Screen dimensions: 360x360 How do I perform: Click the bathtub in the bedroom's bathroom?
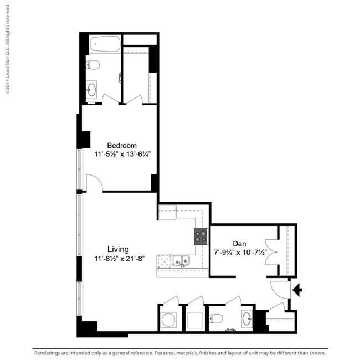(x=104, y=44)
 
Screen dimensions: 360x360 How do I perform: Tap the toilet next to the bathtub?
(x=93, y=65)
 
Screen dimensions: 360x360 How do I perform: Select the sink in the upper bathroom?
(x=92, y=89)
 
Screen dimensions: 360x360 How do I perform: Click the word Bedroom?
(x=122, y=146)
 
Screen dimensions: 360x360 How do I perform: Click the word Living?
(x=119, y=249)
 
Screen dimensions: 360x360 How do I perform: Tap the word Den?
(x=239, y=243)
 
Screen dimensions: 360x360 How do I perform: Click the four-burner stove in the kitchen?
(x=200, y=237)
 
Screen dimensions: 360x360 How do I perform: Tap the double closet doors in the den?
(x=272, y=251)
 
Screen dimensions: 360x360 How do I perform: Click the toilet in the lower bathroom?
(x=217, y=319)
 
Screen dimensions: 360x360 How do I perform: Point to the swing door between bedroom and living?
(x=93, y=183)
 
